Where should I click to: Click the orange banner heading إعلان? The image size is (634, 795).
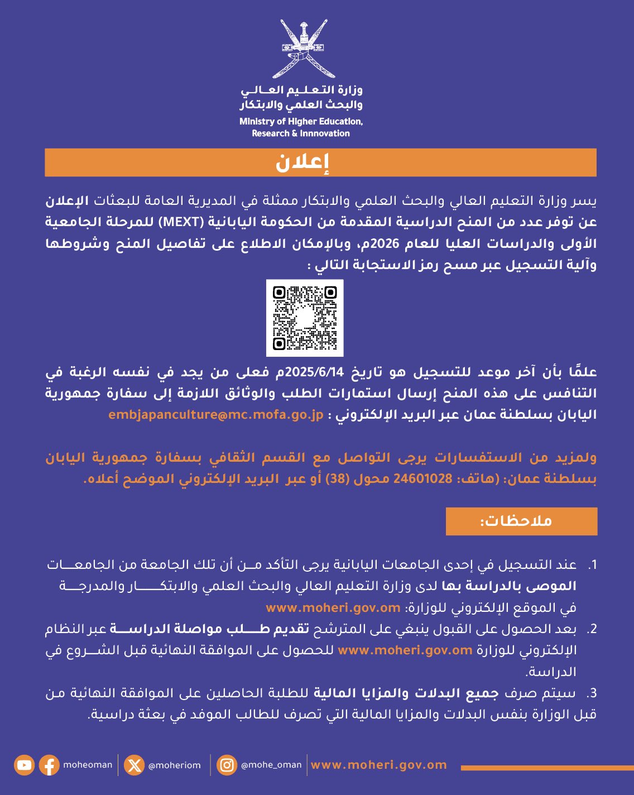(320, 162)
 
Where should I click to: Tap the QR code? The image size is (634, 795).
(305, 318)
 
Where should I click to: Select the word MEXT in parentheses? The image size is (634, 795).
(181, 222)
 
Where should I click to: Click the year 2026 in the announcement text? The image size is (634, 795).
(372, 243)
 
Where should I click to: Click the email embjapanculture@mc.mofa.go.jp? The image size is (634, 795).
(216, 415)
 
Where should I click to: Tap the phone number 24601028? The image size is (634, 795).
(423, 478)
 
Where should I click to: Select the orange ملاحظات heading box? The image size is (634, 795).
(521, 521)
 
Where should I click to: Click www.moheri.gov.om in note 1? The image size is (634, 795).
(333, 607)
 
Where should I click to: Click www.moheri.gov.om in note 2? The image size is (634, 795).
(405, 650)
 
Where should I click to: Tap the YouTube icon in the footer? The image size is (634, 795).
(25, 765)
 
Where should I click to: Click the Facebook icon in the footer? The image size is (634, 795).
(49, 765)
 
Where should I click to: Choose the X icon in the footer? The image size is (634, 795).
(135, 765)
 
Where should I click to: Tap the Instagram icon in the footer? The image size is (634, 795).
(227, 765)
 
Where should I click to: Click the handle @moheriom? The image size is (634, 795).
(174, 765)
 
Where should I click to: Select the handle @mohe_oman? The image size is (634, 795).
(271, 765)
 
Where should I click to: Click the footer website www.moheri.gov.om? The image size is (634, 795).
(379, 765)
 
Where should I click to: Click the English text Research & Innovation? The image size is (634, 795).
(301, 133)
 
